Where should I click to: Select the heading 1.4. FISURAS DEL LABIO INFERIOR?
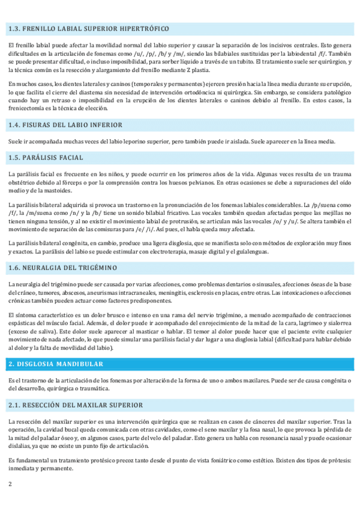pyautogui.click(x=65, y=125)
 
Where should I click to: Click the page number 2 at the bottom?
pyautogui.click(x=10, y=483)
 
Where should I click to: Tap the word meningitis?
pyautogui.click(x=187, y=292)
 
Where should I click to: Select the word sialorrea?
pyautogui.click(x=332, y=323)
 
